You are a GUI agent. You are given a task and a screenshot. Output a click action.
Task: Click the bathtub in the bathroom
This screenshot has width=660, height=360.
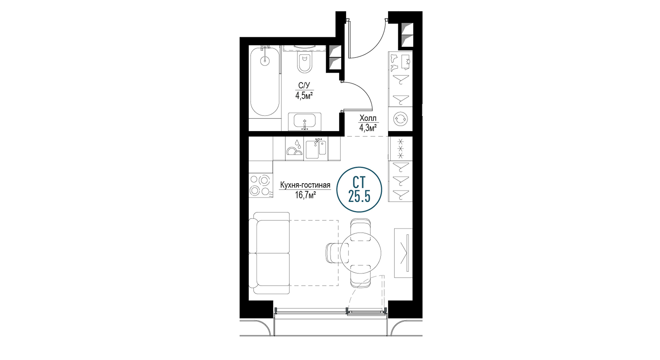point(265,82)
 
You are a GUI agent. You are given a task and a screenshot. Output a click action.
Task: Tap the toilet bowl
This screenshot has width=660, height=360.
point(304,63)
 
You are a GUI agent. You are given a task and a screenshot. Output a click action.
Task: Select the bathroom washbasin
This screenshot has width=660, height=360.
point(304,121)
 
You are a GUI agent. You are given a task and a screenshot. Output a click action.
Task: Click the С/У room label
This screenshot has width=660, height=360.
point(304,86)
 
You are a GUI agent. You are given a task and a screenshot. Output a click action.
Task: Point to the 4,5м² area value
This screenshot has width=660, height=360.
point(304,96)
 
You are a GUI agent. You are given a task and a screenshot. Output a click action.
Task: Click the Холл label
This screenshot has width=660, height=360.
point(368,118)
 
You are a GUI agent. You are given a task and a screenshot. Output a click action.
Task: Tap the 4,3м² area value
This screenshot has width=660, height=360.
point(368,128)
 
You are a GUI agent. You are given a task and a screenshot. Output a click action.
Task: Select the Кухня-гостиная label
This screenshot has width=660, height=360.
point(305,185)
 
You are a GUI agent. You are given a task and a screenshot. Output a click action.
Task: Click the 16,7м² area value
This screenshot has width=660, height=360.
point(305,195)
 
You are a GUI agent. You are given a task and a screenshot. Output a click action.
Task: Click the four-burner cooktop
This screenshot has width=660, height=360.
point(260,186)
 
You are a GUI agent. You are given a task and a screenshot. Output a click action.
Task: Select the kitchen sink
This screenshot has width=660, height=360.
point(316,149)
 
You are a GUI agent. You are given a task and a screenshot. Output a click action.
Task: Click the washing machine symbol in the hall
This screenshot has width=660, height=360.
point(400,119)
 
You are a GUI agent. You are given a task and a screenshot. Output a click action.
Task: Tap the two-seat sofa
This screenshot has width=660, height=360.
point(269,253)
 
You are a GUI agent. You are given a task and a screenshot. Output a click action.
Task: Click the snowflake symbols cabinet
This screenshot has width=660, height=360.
point(400,149)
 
